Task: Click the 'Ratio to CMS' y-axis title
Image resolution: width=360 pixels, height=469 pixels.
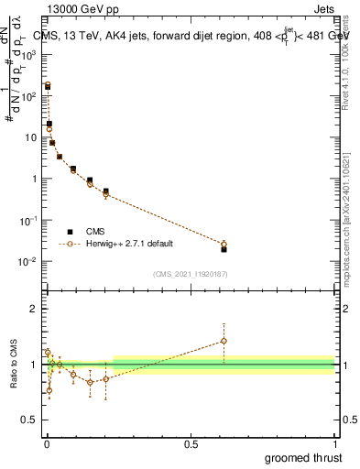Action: (14, 364)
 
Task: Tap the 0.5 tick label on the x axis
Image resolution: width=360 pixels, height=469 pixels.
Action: (191, 444)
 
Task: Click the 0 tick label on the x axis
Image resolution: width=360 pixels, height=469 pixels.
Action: (47, 444)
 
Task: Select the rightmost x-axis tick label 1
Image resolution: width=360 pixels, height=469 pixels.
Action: (334, 444)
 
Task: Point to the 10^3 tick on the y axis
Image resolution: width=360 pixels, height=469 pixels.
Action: (28, 54)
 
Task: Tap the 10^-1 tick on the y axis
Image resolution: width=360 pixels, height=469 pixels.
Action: (28, 221)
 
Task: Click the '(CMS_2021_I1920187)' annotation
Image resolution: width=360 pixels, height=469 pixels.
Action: (190, 274)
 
